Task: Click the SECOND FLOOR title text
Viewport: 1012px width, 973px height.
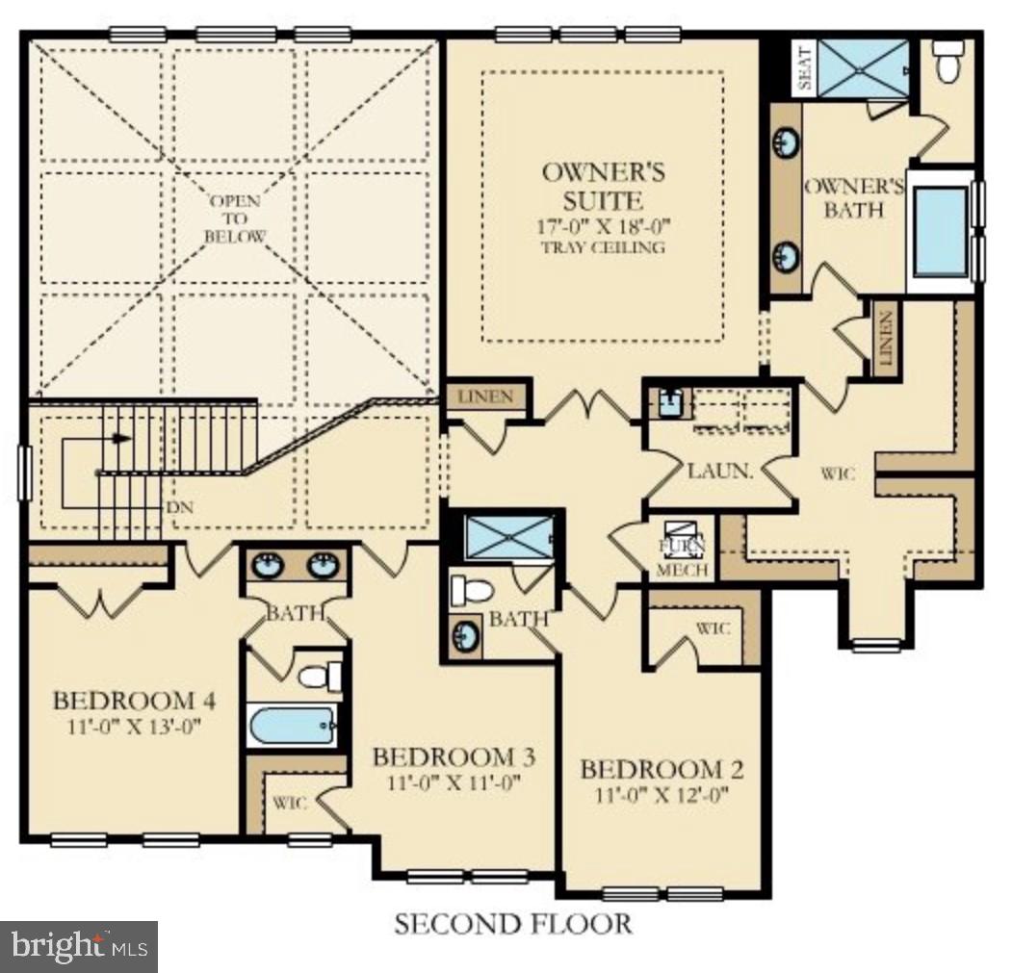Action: tap(513, 924)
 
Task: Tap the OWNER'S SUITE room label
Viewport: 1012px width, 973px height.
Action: tap(603, 186)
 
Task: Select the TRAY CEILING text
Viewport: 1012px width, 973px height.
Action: tap(603, 247)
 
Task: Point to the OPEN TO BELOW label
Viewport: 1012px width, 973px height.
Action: tap(236, 218)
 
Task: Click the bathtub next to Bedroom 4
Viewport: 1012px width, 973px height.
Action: tap(293, 726)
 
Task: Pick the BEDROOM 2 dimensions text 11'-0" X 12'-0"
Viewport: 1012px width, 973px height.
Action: tap(662, 794)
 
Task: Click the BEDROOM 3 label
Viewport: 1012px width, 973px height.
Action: tap(454, 756)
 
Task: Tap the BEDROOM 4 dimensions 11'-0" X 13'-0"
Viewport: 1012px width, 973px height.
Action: tap(134, 726)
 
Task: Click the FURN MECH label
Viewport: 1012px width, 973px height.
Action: tap(682, 557)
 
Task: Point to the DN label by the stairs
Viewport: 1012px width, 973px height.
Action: tap(180, 508)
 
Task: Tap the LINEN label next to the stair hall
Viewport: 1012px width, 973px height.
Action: tap(486, 397)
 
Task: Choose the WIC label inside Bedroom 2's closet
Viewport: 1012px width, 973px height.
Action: tap(713, 627)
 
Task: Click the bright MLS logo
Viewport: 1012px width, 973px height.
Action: tap(79, 946)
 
